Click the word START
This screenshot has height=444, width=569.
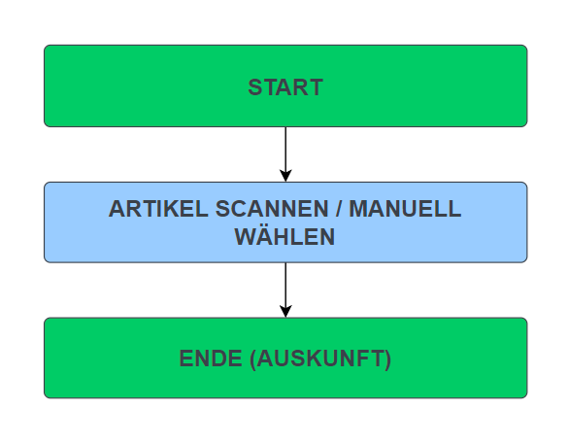click(285, 87)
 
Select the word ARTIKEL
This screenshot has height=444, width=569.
click(158, 209)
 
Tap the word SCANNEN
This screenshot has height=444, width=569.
click(272, 209)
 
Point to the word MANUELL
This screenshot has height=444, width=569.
click(405, 209)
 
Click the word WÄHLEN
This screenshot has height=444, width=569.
click(284, 236)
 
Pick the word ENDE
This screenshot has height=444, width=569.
click(211, 359)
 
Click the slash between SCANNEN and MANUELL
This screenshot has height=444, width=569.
click(339, 209)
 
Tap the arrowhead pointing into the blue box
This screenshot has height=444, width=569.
click(285, 175)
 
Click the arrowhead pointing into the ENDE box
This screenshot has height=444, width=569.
click(285, 311)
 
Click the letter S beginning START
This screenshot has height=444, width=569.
click(255, 87)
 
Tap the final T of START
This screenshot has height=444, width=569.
click(316, 87)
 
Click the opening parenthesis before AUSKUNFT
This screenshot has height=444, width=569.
click(252, 359)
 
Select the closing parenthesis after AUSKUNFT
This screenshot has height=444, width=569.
click(388, 359)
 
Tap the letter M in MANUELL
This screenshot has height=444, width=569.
click(359, 209)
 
